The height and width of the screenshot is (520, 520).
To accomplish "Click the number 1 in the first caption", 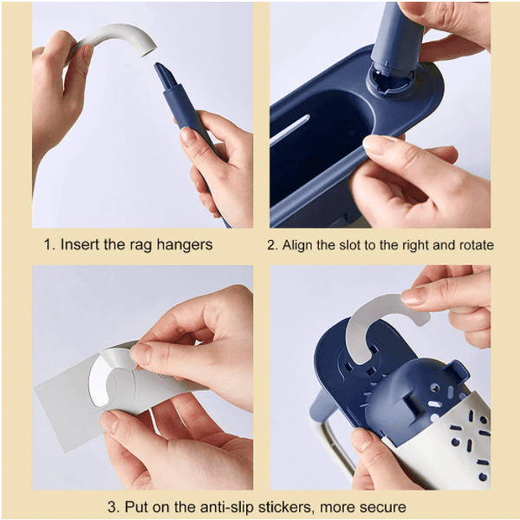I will [x=49, y=244].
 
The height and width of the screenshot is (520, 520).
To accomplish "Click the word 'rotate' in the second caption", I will [x=473, y=245].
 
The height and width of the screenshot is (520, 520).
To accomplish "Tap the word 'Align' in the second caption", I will [x=299, y=245].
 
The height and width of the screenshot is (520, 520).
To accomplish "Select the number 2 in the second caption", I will [x=271, y=245].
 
